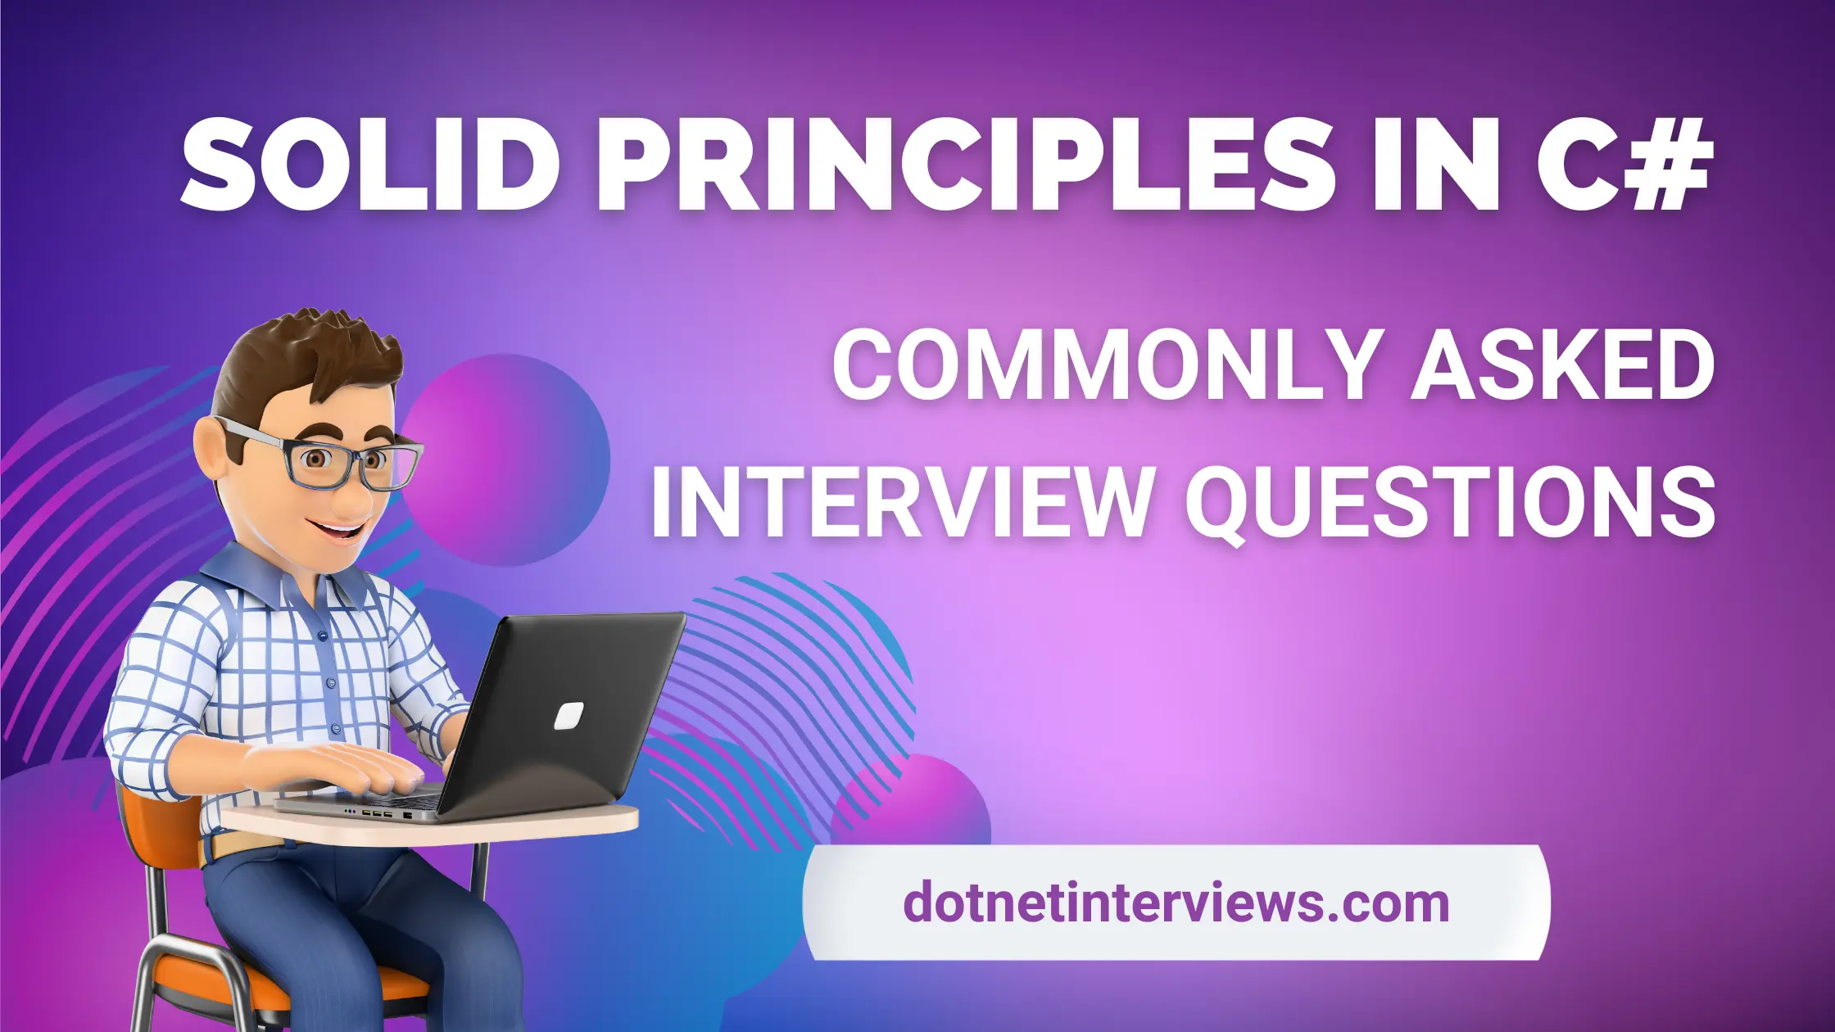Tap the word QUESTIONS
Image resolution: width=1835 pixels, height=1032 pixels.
point(1450,504)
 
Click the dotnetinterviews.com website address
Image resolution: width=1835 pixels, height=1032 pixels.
point(1176,903)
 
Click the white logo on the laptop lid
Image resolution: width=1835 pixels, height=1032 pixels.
point(569,715)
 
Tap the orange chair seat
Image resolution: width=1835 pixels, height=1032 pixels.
point(246,983)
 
